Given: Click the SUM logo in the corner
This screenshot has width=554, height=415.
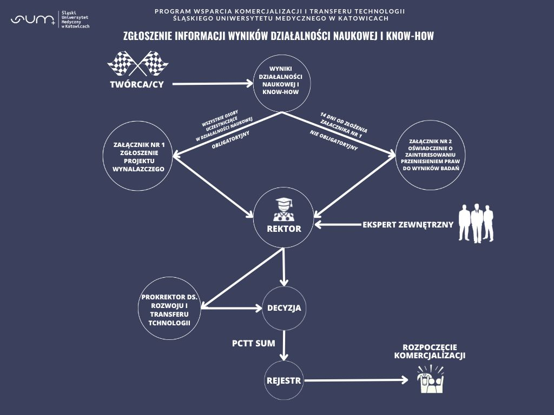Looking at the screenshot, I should click(32, 20).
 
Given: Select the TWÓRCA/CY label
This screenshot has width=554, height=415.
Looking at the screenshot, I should click(136, 84).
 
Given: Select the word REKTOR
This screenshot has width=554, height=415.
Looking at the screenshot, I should click(284, 229).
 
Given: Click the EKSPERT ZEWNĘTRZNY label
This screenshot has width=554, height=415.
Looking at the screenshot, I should click(408, 224).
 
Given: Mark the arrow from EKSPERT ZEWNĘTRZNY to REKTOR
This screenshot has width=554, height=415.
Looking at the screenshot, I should click(338, 224).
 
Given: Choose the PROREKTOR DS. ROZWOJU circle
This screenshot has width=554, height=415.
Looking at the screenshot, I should click(170, 310).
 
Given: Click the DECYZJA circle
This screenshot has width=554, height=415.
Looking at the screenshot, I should click(284, 309).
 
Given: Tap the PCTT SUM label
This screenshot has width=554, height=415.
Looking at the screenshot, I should click(254, 343).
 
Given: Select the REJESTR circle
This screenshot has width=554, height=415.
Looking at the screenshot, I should click(283, 380).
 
